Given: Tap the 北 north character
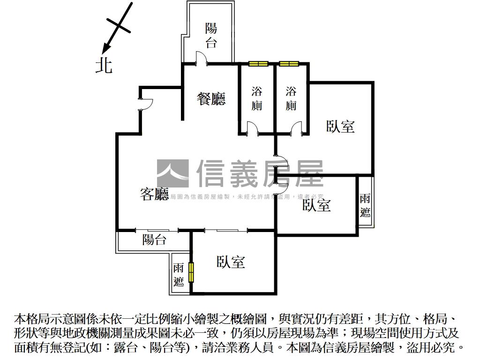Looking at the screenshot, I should click(x=104, y=65).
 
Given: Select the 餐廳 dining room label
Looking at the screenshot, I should click(x=211, y=99).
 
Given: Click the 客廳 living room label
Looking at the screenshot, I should click(x=155, y=194).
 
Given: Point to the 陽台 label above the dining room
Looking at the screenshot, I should click(x=211, y=35).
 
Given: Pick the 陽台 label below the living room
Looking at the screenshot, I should click(x=155, y=240).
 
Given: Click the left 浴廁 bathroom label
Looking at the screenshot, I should click(x=257, y=98).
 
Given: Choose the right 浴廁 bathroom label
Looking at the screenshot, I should click(x=291, y=98).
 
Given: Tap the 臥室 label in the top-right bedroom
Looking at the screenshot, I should click(x=340, y=126).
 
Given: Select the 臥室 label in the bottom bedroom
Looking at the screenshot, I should click(x=231, y=262).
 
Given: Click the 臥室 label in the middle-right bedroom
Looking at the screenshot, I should click(x=316, y=205).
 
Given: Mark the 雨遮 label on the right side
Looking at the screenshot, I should click(x=366, y=205).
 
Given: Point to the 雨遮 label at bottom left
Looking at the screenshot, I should click(x=179, y=275).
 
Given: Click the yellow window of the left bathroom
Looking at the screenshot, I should click(x=258, y=64).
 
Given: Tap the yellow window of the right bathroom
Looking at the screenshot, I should click(x=289, y=64).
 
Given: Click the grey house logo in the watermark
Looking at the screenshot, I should click(x=172, y=173).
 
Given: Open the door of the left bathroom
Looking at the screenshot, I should click(x=252, y=128).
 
